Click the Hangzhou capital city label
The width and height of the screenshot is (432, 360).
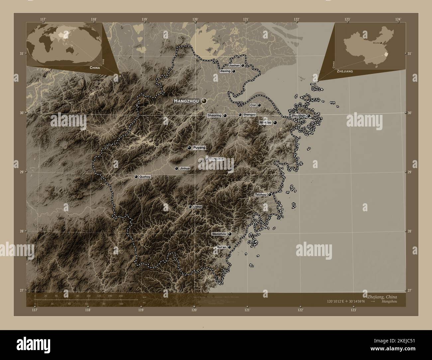tap(186, 101)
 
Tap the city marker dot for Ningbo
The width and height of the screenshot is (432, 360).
tap(275, 123)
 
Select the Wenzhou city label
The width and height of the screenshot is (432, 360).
tap(219, 234)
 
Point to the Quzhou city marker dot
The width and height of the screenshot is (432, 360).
tap(136, 177)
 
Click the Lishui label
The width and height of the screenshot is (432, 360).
tap(197, 207)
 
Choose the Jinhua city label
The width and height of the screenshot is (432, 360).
tap(185, 168)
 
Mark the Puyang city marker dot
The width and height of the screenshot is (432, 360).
tap(189, 147)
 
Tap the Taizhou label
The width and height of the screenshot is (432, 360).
tap(261, 194)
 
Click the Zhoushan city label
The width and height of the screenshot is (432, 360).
tap(298, 116)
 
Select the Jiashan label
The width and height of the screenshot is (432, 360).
tap(234, 65)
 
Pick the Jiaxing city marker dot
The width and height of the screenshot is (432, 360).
tap(234, 71)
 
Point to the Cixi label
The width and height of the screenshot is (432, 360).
tap(253, 105)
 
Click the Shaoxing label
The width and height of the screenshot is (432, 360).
tap(214, 116)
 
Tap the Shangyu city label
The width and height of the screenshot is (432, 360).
tap(249, 115)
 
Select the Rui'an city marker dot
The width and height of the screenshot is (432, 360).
tap(229, 247)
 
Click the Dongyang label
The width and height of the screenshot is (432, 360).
tap(217, 159)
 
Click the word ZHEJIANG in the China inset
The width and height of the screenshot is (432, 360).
tap(345, 71)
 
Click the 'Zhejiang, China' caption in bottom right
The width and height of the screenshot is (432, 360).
tap(382, 296)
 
